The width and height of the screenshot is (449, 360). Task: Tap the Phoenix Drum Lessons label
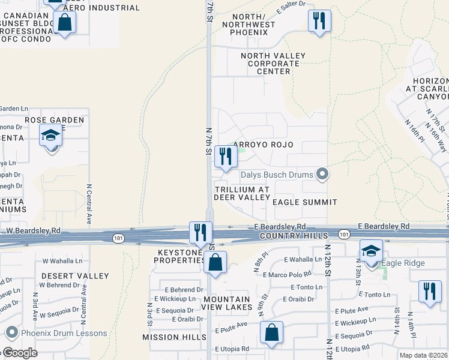[65, 334]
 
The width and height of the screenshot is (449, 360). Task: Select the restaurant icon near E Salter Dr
[319, 22]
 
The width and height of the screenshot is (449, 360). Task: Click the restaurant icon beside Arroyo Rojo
[225, 157]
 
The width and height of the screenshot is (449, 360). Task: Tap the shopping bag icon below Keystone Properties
[215, 262]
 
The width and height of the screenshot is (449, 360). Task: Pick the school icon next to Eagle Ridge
[371, 250]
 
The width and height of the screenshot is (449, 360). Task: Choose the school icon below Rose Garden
[51, 135]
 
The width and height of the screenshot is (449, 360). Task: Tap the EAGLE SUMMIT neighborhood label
[305, 203]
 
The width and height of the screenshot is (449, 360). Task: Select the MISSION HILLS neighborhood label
[174, 338]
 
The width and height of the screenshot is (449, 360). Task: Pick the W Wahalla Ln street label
[62, 261]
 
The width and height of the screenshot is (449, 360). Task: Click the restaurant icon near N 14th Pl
[430, 292]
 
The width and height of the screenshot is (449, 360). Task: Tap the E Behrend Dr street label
[175, 289]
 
